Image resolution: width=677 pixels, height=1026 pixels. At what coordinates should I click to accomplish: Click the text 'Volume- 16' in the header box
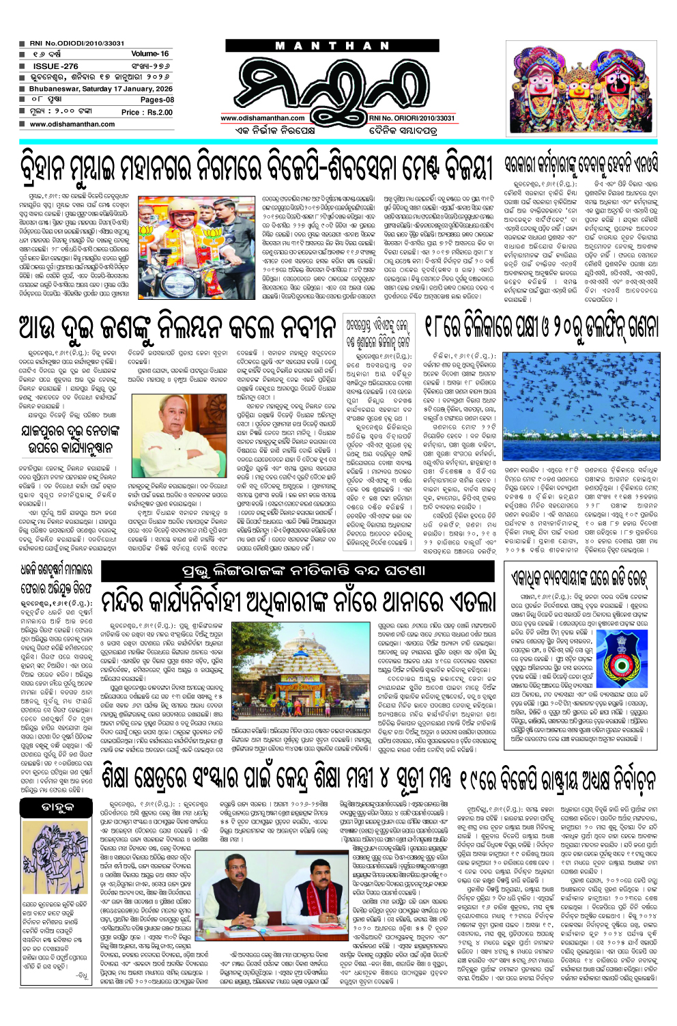click(x=149, y=53)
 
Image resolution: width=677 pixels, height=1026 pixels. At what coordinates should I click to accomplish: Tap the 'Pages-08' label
click(x=157, y=100)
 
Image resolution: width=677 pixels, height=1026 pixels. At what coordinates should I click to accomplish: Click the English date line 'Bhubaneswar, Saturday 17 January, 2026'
click(x=100, y=89)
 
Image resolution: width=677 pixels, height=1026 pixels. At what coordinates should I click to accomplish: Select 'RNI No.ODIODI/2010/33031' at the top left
click(x=76, y=43)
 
